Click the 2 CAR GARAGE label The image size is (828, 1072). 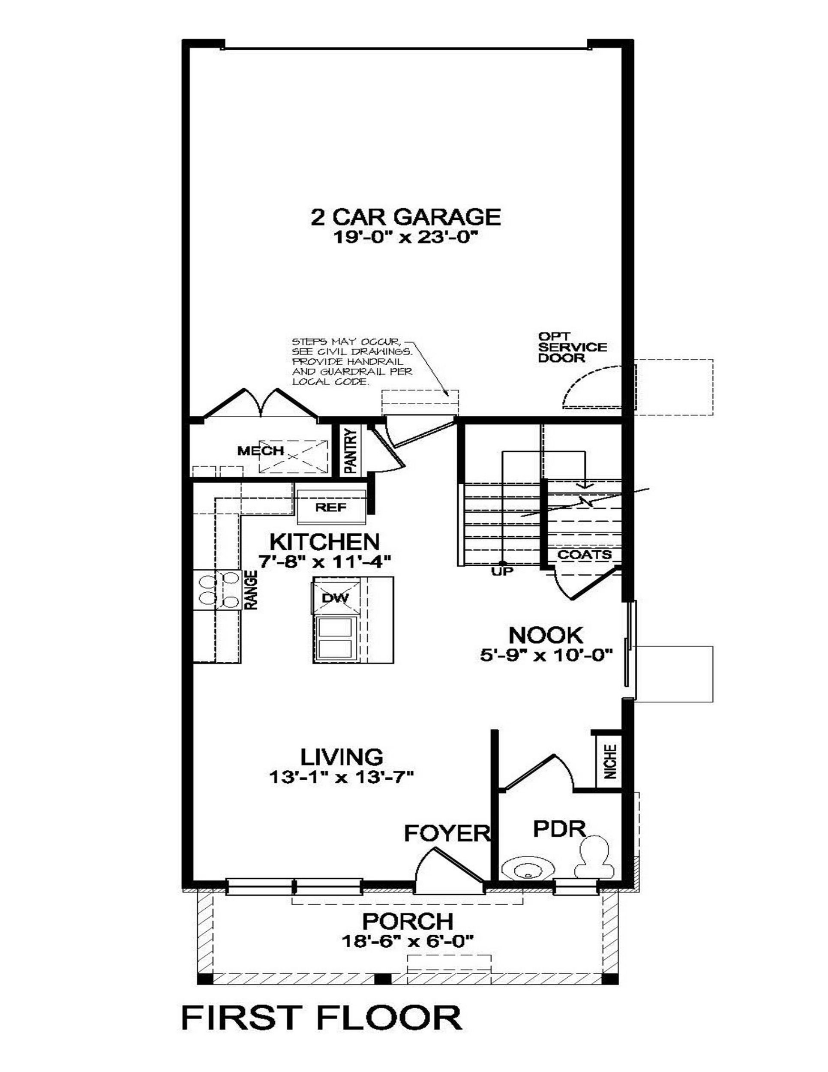tap(405, 216)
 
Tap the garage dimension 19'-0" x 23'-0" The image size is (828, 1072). tap(405, 238)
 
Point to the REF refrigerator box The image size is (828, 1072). tap(331, 507)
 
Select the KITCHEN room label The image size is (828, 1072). tap(325, 541)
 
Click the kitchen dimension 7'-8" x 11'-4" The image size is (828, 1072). tap(325, 561)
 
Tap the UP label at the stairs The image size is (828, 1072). tap(501, 571)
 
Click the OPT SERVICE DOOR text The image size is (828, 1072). tap(571, 347)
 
